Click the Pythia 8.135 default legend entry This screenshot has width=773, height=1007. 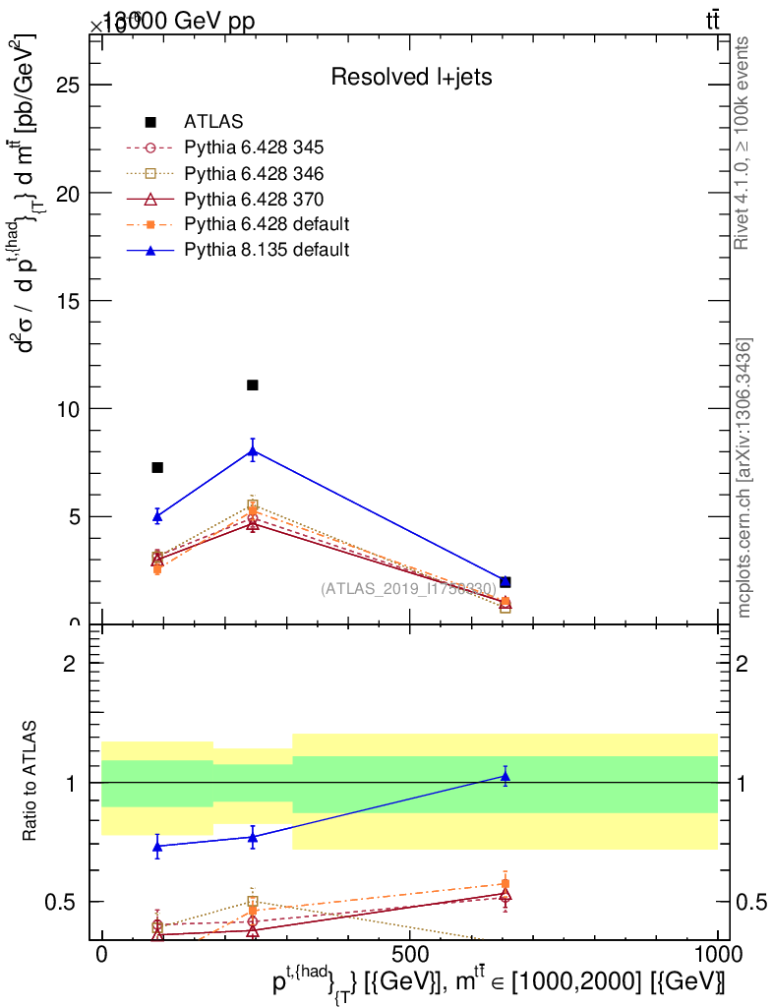click(x=267, y=250)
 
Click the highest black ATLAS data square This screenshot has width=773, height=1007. click(x=253, y=385)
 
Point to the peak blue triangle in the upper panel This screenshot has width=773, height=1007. click(x=253, y=452)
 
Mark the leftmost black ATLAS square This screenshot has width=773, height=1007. click(x=157, y=467)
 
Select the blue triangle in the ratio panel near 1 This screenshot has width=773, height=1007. click(x=505, y=777)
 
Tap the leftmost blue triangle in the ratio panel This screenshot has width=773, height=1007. click(x=157, y=846)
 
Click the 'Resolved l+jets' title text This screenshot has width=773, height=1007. click(x=411, y=77)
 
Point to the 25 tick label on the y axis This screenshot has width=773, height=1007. click(x=67, y=85)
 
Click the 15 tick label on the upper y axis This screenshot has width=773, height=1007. click(x=67, y=301)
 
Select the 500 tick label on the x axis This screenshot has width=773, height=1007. click(x=409, y=954)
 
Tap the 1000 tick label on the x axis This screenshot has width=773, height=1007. click(x=717, y=954)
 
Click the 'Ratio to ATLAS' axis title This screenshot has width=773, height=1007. click(x=30, y=782)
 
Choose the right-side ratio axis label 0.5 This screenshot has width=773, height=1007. click(x=750, y=902)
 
